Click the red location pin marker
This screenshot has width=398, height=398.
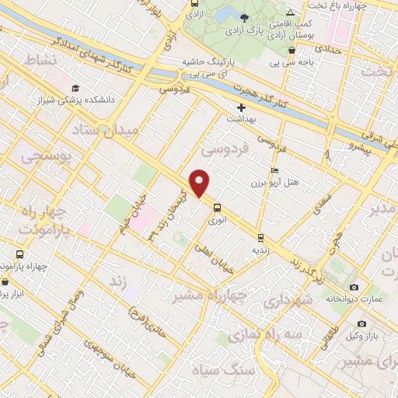(x=200, y=183)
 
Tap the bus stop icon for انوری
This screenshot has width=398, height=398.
(x=217, y=208)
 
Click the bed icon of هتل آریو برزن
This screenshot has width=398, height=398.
(x=274, y=171)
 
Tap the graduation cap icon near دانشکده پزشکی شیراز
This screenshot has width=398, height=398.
(x=75, y=88)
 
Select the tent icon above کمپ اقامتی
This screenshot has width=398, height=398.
(x=290, y=13)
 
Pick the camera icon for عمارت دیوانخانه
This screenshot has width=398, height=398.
(x=354, y=288)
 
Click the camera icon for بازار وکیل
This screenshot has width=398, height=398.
(x=361, y=323)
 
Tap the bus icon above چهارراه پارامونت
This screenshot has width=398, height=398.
(x=19, y=253)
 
